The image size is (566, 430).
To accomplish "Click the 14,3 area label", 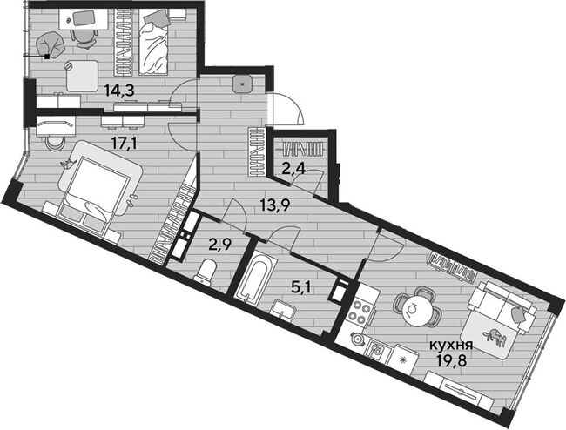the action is coord(119,91).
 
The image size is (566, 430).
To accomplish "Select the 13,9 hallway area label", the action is coord(275,206).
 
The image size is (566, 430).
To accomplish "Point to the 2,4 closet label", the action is coord(293,168).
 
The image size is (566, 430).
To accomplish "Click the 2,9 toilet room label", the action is coord(220,245).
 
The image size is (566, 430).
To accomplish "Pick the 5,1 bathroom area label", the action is coord(301,288).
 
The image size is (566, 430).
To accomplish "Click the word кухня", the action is coord(451,346).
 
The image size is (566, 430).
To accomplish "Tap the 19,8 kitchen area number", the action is coord(452,360).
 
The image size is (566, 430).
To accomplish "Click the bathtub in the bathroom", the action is coord(255,278).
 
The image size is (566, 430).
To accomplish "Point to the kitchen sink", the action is coord(375,350).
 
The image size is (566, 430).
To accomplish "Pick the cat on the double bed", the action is coord(67,165).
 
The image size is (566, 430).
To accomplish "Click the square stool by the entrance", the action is coord(242,85).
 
